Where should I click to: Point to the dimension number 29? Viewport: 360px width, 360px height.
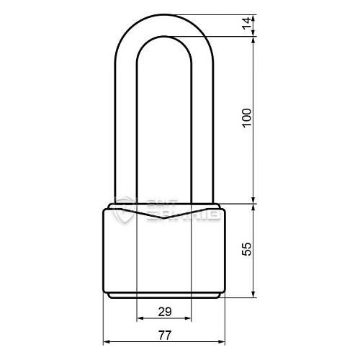point(164,311)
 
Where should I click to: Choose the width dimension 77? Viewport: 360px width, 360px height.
point(164,335)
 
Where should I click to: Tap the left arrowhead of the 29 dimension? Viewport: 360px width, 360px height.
point(139,318)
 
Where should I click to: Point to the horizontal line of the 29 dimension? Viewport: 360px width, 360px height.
point(164,318)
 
